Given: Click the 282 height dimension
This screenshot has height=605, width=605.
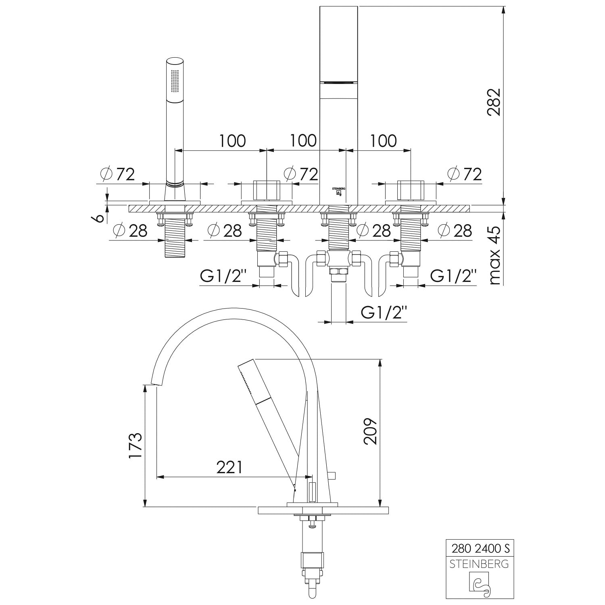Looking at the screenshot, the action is click(x=494, y=102).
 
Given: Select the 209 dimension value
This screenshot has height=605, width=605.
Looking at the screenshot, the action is click(x=370, y=431).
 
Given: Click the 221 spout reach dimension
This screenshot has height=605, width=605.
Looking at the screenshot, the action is click(x=229, y=467).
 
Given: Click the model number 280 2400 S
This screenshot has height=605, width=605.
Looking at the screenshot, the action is click(x=480, y=549).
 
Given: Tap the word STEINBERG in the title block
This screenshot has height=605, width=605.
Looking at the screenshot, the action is click(x=479, y=564).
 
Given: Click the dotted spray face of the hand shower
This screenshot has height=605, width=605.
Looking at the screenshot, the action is click(x=175, y=83).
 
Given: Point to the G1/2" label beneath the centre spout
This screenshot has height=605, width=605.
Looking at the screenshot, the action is click(x=384, y=312).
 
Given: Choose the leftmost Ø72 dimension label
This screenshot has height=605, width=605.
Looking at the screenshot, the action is click(x=117, y=174).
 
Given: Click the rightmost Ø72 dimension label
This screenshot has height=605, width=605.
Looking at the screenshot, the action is click(x=465, y=174).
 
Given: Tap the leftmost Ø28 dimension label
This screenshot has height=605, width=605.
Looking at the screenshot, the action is click(x=130, y=231).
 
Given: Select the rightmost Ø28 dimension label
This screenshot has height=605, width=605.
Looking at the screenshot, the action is click(x=455, y=231).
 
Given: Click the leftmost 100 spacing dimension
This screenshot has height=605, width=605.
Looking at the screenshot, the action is click(x=232, y=141).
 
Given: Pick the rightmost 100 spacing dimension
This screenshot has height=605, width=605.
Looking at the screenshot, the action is click(x=384, y=141).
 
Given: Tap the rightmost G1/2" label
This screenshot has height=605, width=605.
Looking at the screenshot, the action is click(x=453, y=276).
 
